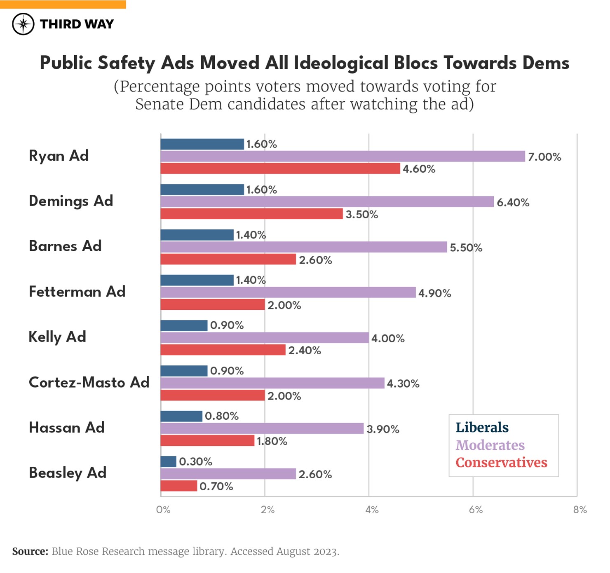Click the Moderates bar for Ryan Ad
(x=343, y=157)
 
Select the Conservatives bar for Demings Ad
(x=251, y=214)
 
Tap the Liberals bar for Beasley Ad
(x=168, y=461)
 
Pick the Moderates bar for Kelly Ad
(x=265, y=338)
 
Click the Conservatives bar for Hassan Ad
(x=207, y=440)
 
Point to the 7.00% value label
(x=544, y=157)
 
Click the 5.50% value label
(x=466, y=248)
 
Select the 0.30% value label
(x=195, y=461)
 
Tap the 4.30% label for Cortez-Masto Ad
(x=403, y=384)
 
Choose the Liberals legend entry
(x=482, y=428)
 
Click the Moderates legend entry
(x=490, y=445)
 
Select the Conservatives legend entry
(x=501, y=463)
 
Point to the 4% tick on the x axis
(x=371, y=510)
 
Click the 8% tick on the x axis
(x=579, y=510)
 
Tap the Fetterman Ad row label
(x=77, y=292)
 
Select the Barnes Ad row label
(x=65, y=246)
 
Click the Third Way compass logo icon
(x=23, y=24)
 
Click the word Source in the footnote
(x=30, y=551)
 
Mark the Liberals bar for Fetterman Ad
(x=197, y=280)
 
